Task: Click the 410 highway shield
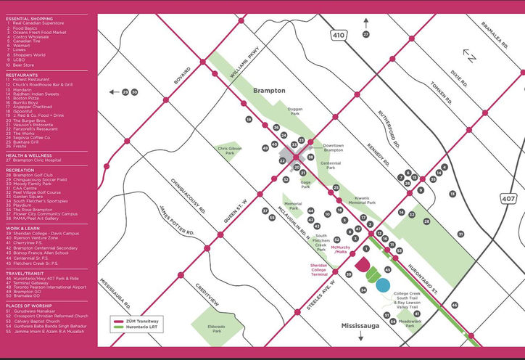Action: tap(339, 34)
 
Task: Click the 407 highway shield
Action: tap(508, 198)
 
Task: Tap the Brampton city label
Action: tap(269, 91)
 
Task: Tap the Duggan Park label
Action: tap(294, 112)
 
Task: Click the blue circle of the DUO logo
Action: tap(384, 285)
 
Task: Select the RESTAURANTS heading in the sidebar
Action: tap(22, 74)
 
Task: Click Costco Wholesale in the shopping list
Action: tap(33, 36)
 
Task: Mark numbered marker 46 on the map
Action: tap(455, 305)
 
